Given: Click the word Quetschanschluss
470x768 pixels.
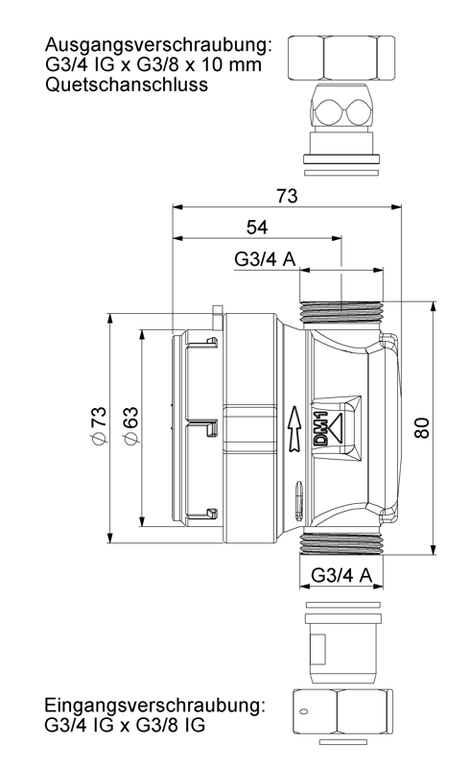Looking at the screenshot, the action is tap(127, 84).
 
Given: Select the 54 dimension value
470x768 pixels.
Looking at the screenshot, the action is tap(257, 228).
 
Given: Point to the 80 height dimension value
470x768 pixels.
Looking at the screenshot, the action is tap(421, 427).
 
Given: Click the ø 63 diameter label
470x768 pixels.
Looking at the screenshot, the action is tap(131, 425).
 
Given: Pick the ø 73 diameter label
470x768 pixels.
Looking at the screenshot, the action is tap(99, 425).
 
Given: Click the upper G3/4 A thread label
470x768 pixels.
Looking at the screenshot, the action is tap(265, 259).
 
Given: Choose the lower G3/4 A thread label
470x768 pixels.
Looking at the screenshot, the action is tap(341, 574).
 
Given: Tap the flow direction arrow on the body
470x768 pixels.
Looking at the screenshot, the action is tap(294, 428).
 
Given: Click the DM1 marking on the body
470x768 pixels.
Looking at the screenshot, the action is tap(320, 429).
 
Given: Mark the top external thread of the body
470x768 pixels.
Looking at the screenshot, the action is tap(341, 311).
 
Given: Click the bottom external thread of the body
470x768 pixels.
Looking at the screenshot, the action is tap(341, 543).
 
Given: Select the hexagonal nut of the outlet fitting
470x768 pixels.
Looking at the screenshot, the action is tap(341, 58).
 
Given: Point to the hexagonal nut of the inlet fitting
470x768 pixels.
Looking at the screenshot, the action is tap(342, 711).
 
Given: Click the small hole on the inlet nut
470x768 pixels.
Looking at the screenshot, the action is tap(303, 710).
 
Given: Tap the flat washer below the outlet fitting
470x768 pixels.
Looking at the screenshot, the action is tap(341, 173).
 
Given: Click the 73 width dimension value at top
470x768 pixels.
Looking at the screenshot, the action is tap(287, 196).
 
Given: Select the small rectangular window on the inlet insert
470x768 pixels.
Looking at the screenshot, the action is tap(317, 650).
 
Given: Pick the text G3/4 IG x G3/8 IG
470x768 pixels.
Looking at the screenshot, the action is tap(125, 726).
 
